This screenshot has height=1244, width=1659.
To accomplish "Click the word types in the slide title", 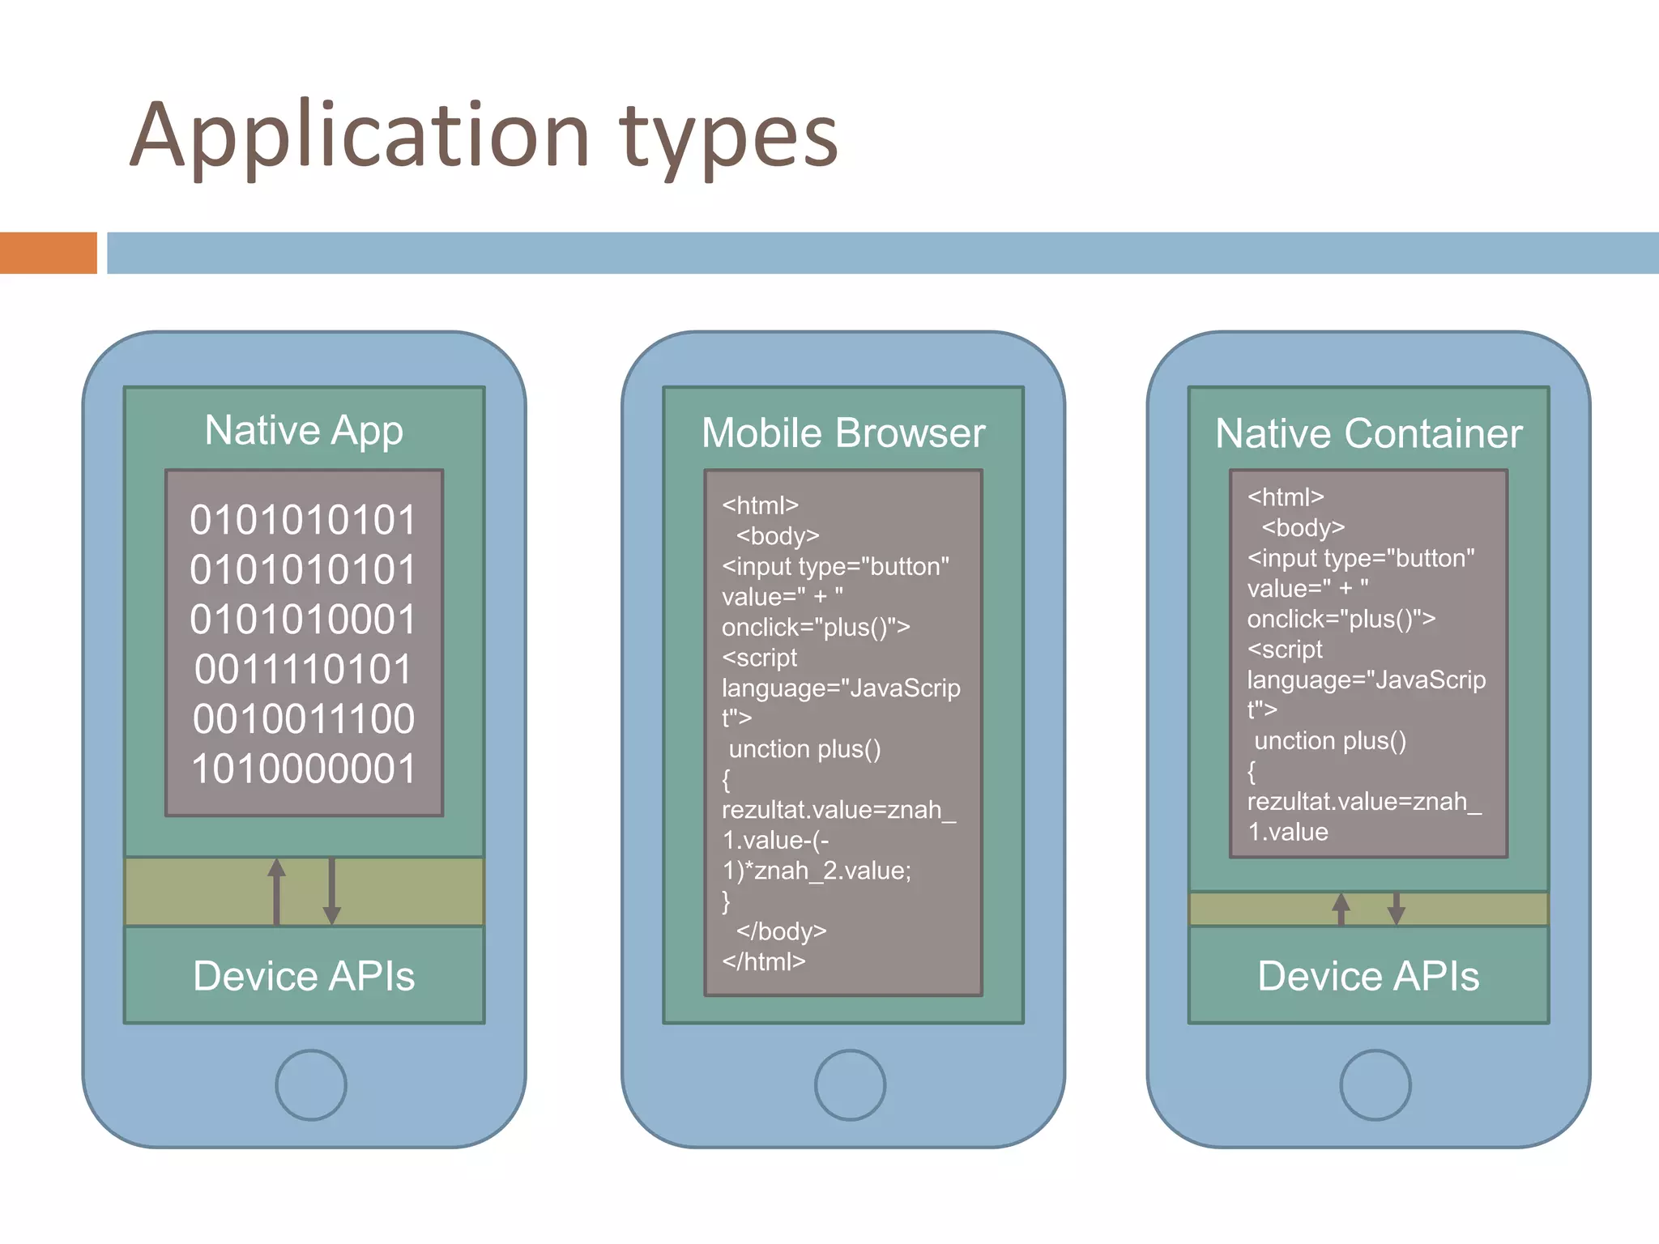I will [x=728, y=138].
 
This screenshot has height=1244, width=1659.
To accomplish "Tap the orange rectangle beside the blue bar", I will [x=48, y=253].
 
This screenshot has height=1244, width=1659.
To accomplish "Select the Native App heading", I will [x=304, y=430].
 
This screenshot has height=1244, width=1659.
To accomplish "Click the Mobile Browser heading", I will [x=843, y=432].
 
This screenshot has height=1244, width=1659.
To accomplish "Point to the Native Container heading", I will [x=1369, y=433].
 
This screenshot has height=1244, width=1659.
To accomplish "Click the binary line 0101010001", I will [x=303, y=620].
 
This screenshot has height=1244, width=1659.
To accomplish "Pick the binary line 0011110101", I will [x=304, y=670].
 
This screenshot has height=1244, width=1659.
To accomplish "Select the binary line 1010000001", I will [x=304, y=769].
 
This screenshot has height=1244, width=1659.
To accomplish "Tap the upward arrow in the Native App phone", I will [x=277, y=891].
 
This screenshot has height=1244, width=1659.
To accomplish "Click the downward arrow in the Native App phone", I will [x=331, y=891].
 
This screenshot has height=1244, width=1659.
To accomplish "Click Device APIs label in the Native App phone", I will [x=304, y=976].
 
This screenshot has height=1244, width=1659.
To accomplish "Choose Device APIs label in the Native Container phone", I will [x=1368, y=976].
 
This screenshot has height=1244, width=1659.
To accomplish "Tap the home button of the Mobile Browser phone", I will [x=850, y=1085].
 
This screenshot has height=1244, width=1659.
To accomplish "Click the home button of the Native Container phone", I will [x=1375, y=1085].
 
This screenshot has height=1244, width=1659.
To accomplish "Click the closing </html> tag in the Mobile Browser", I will [x=764, y=961].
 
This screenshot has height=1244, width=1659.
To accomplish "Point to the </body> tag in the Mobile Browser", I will [x=781, y=931].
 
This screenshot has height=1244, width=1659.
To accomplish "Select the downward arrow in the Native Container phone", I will [x=1396, y=909].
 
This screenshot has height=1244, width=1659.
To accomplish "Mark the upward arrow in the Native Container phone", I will [x=1341, y=909].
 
